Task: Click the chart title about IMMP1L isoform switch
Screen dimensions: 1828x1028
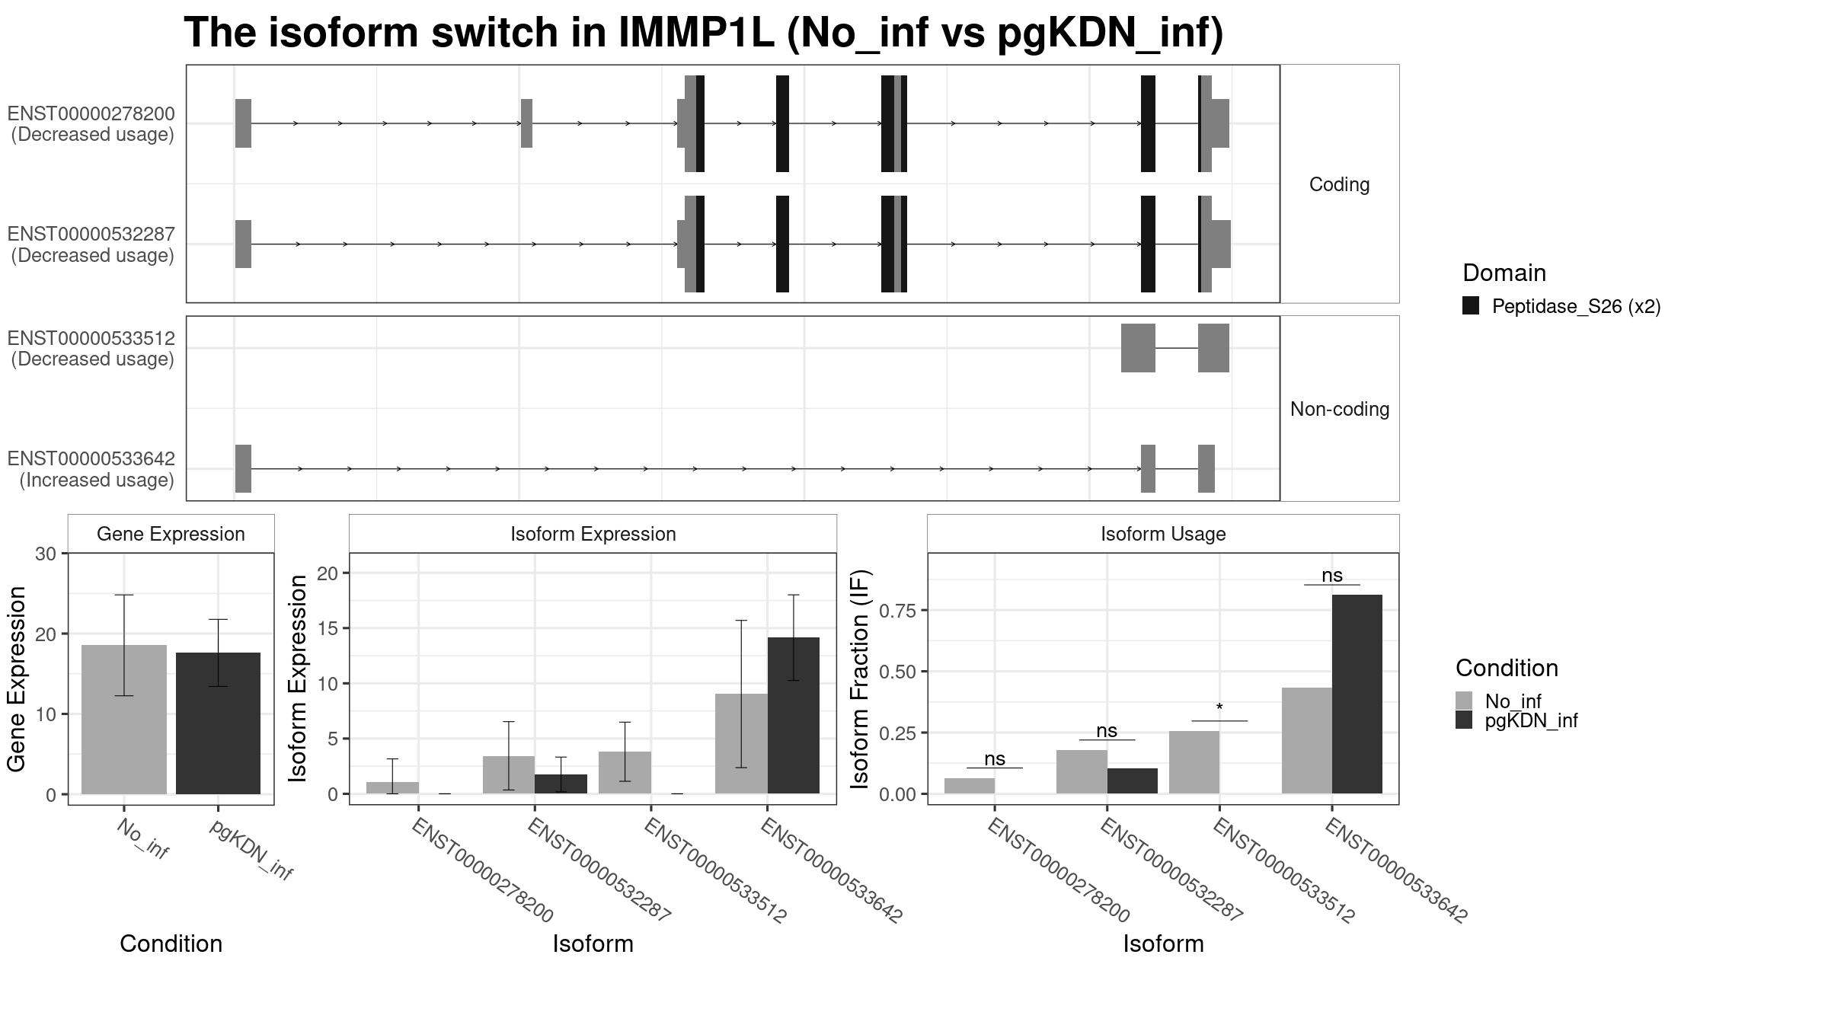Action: click(x=704, y=33)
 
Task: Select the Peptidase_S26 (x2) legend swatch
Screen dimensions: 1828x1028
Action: click(x=1471, y=306)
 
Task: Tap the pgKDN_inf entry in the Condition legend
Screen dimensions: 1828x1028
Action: click(x=1531, y=720)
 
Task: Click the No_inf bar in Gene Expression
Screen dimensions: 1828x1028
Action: click(x=124, y=720)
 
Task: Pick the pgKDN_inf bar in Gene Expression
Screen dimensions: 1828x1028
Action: click(x=218, y=723)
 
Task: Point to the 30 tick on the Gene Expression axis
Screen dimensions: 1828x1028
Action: click(x=46, y=554)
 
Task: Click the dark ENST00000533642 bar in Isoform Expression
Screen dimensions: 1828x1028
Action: click(x=794, y=716)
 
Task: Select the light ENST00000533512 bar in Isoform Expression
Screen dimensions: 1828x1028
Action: click(x=625, y=773)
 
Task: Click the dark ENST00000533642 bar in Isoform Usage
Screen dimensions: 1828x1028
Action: click(x=1357, y=694)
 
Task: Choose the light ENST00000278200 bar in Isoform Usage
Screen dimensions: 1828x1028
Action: click(x=970, y=786)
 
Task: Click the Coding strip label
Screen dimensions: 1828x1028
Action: click(x=1339, y=184)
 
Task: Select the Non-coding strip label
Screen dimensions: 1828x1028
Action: click(x=1340, y=409)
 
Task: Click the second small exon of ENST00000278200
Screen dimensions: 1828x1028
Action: click(x=526, y=123)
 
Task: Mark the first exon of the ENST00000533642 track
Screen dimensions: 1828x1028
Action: click(x=243, y=468)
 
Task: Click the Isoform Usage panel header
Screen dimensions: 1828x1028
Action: click(x=1163, y=534)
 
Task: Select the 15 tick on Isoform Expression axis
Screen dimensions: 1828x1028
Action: click(x=328, y=628)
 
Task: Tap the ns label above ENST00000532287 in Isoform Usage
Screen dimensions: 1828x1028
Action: click(x=1107, y=731)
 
